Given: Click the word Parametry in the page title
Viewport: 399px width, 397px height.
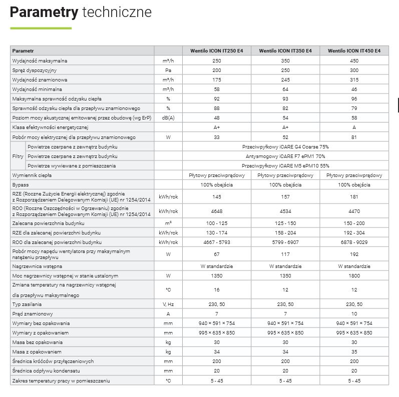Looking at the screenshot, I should (x=44, y=12).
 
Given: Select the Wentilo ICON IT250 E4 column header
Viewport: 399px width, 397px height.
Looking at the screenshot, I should (x=217, y=51).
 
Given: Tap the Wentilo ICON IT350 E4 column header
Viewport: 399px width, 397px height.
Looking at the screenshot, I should (x=285, y=51).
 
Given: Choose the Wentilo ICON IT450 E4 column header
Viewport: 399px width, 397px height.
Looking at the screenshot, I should (x=354, y=51).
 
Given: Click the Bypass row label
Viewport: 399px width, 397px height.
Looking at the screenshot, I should (x=21, y=185).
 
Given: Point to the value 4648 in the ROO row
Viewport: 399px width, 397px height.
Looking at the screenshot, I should (x=217, y=211).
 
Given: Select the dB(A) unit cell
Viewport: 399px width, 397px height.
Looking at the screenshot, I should (x=168, y=118).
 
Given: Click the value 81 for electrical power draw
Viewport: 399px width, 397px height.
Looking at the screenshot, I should (x=354, y=137).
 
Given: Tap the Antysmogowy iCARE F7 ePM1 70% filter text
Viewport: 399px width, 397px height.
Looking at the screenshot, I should (x=285, y=156).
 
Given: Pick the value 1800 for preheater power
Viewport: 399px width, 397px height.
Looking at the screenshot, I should (x=354, y=275).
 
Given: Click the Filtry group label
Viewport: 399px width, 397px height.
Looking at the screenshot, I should (x=18, y=156).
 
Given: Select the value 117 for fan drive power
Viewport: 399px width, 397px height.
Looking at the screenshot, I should (x=285, y=254).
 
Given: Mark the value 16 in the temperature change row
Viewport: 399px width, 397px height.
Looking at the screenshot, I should (x=217, y=289).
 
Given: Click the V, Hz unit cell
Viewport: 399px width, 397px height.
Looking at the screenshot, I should (x=168, y=304).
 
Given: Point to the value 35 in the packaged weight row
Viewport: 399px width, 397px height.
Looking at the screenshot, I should (x=354, y=351).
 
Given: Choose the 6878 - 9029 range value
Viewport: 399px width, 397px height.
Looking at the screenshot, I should (x=354, y=242).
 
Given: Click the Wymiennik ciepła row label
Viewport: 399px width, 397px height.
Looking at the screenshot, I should (x=32, y=175).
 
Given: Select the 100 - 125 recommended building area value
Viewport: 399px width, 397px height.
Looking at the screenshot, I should (x=217, y=223).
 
